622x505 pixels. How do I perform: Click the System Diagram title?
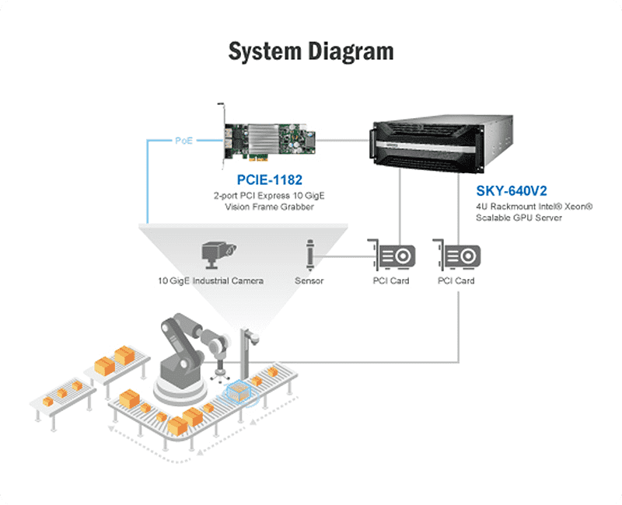pyautogui.click(x=310, y=51)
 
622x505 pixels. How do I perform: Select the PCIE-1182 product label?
pyautogui.click(x=269, y=180)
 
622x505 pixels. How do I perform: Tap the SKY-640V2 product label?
pyautogui.click(x=512, y=190)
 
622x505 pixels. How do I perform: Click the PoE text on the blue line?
pyautogui.click(x=183, y=141)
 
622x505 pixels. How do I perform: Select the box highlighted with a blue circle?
pyautogui.click(x=241, y=394)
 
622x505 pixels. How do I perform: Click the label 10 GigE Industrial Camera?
pyautogui.click(x=211, y=280)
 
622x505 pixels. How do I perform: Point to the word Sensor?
pyautogui.click(x=309, y=280)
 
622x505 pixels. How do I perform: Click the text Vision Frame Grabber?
pyautogui.click(x=269, y=207)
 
